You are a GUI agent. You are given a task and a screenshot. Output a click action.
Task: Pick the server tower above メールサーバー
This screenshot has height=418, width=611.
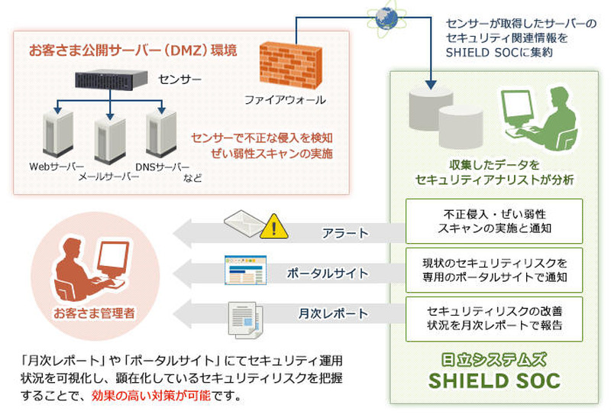tap(110, 140)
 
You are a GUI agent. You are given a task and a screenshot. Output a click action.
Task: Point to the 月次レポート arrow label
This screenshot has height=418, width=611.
tap(333, 313)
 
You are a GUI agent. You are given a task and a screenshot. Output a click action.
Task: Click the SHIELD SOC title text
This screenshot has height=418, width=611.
tap(494, 380)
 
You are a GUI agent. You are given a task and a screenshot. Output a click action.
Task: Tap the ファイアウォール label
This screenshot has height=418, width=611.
tap(284, 100)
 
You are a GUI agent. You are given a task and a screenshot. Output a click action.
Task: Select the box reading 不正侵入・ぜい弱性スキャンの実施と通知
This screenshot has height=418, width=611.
tap(493, 221)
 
